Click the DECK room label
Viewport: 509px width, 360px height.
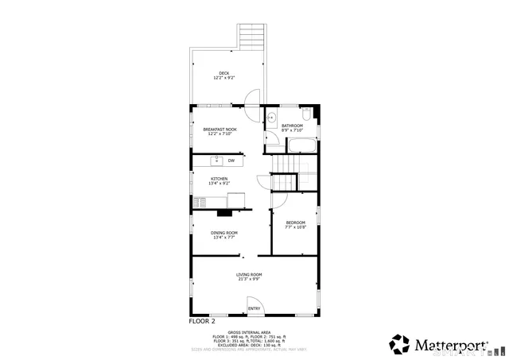click(x=224, y=73)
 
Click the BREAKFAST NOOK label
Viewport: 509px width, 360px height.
click(x=220, y=130)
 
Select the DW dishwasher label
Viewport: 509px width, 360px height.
click(x=231, y=161)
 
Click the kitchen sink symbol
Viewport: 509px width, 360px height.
click(x=204, y=161)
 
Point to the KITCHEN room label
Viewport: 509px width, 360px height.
click(x=219, y=179)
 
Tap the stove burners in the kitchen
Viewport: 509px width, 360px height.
click(x=199, y=202)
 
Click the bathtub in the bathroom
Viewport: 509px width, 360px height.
click(x=301, y=146)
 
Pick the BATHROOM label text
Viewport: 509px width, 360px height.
click(x=292, y=126)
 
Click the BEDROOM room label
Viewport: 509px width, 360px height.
click(x=295, y=223)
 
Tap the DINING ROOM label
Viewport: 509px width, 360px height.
click(x=223, y=233)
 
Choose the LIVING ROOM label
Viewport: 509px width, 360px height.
click(x=249, y=275)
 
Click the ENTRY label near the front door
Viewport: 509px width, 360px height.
click(x=254, y=308)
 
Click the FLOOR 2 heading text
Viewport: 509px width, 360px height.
click(x=201, y=322)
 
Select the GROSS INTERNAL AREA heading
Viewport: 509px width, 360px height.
click(x=249, y=332)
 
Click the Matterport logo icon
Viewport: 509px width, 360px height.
click(x=399, y=344)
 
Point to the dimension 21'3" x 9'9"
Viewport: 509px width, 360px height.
click(x=249, y=279)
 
